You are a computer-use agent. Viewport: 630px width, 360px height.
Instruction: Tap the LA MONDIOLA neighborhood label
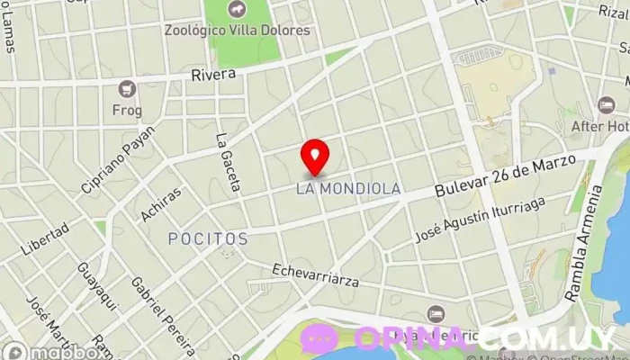pos(348,190)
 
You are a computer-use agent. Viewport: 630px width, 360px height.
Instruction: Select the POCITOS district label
pos(208,238)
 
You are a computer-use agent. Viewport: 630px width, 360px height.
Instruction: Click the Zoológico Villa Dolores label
pos(237,30)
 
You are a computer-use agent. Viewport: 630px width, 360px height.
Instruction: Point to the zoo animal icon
pos(237,10)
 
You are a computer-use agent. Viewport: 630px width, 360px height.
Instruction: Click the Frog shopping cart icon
pos(127,88)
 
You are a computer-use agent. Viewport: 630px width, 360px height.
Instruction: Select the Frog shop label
pos(128,110)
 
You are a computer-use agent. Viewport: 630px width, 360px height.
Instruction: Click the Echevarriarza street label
pos(315,274)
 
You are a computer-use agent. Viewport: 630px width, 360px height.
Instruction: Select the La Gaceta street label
pos(227,162)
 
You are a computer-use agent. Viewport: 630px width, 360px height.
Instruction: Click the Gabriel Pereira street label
pos(162,315)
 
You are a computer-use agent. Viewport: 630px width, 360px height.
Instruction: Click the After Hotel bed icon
pos(607,105)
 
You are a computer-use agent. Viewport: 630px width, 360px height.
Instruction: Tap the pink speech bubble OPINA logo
pos(319,338)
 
